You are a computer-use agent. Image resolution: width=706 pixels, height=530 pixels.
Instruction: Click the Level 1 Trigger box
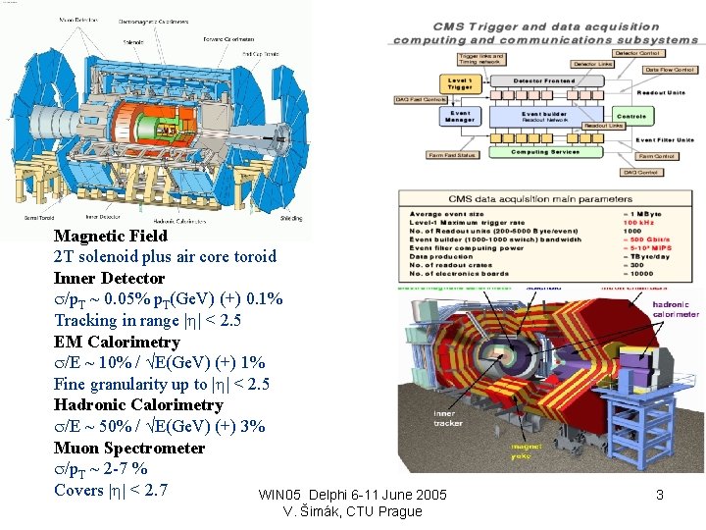point(459,85)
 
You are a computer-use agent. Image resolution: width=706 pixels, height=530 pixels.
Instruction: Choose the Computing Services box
point(545,152)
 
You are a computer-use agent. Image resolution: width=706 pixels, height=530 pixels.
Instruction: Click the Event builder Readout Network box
point(545,117)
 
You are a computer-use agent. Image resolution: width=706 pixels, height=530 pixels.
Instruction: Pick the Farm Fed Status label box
point(452,155)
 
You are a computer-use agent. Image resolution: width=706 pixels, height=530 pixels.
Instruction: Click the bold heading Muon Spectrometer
point(129,448)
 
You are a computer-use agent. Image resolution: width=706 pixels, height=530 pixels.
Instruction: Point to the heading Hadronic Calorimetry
point(138,404)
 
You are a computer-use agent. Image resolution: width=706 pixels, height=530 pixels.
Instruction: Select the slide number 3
point(660,496)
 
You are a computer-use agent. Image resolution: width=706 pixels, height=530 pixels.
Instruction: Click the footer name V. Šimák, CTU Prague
point(352,511)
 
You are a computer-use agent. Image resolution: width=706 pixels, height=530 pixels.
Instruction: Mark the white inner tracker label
point(445,419)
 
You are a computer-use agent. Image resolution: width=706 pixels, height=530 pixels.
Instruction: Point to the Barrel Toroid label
point(39,220)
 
